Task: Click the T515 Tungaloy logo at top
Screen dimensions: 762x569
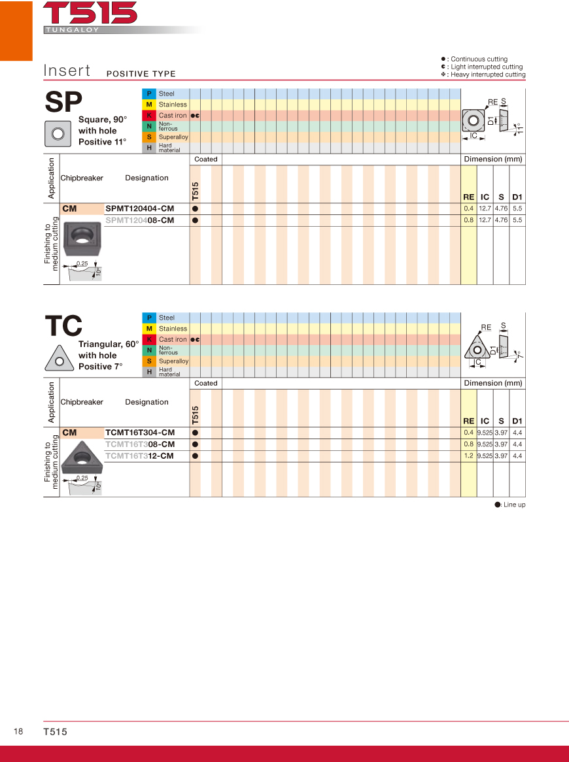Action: pos(90,16)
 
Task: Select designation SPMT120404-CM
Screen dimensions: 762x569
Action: pos(139,208)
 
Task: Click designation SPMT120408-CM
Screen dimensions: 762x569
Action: pos(139,220)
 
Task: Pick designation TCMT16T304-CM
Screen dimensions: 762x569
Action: pos(139,433)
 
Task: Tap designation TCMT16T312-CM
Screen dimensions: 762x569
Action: pos(139,456)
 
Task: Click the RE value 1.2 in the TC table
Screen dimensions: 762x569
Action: pos(468,456)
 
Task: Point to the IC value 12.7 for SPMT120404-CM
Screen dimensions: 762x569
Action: pos(485,208)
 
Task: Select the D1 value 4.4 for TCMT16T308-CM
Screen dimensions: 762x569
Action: pos(517,444)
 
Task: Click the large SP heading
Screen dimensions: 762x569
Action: pos(63,102)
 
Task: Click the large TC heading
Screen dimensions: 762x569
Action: pos(63,326)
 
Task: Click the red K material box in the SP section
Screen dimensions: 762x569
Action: pos(149,116)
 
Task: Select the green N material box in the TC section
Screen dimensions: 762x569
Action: pos(149,350)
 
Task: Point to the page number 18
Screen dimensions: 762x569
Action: pos(18,732)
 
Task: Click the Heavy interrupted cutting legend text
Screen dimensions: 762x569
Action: pos(487,75)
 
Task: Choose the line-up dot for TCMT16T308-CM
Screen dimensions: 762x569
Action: pos(195,444)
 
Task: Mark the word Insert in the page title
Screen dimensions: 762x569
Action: pos(67,71)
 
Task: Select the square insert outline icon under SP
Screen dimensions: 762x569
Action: pos(58,133)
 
